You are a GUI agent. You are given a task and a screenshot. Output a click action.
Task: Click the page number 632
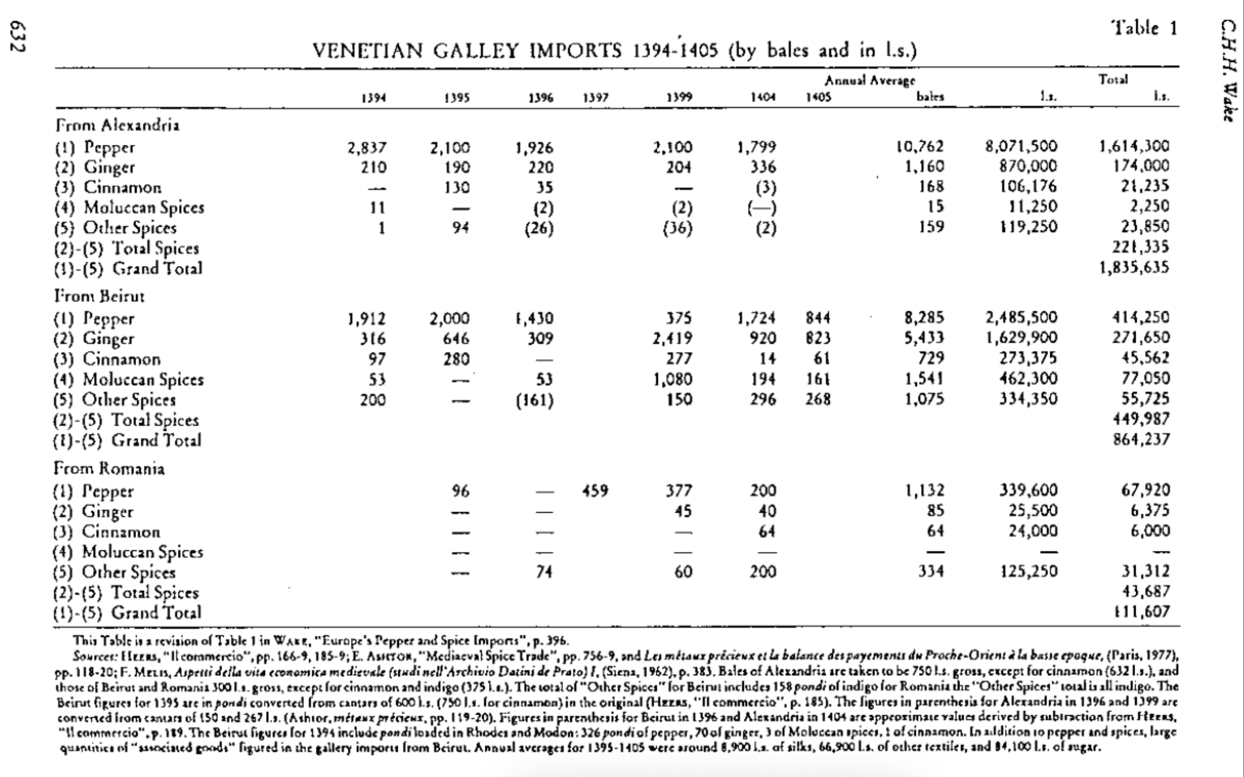19,36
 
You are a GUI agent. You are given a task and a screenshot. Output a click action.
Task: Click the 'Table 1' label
1144,28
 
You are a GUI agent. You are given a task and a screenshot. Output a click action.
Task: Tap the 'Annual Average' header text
869,81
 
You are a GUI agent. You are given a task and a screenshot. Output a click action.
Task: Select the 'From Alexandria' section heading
117,125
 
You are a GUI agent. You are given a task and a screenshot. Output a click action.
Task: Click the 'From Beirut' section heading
99,296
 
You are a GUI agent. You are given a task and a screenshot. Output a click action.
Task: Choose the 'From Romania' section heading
109,469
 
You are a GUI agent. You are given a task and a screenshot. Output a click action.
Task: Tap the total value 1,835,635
1134,268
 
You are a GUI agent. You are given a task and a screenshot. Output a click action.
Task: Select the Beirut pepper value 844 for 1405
818,318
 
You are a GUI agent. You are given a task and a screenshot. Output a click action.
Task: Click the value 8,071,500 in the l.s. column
1021,147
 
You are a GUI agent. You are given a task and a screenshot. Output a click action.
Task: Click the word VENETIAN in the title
367,52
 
